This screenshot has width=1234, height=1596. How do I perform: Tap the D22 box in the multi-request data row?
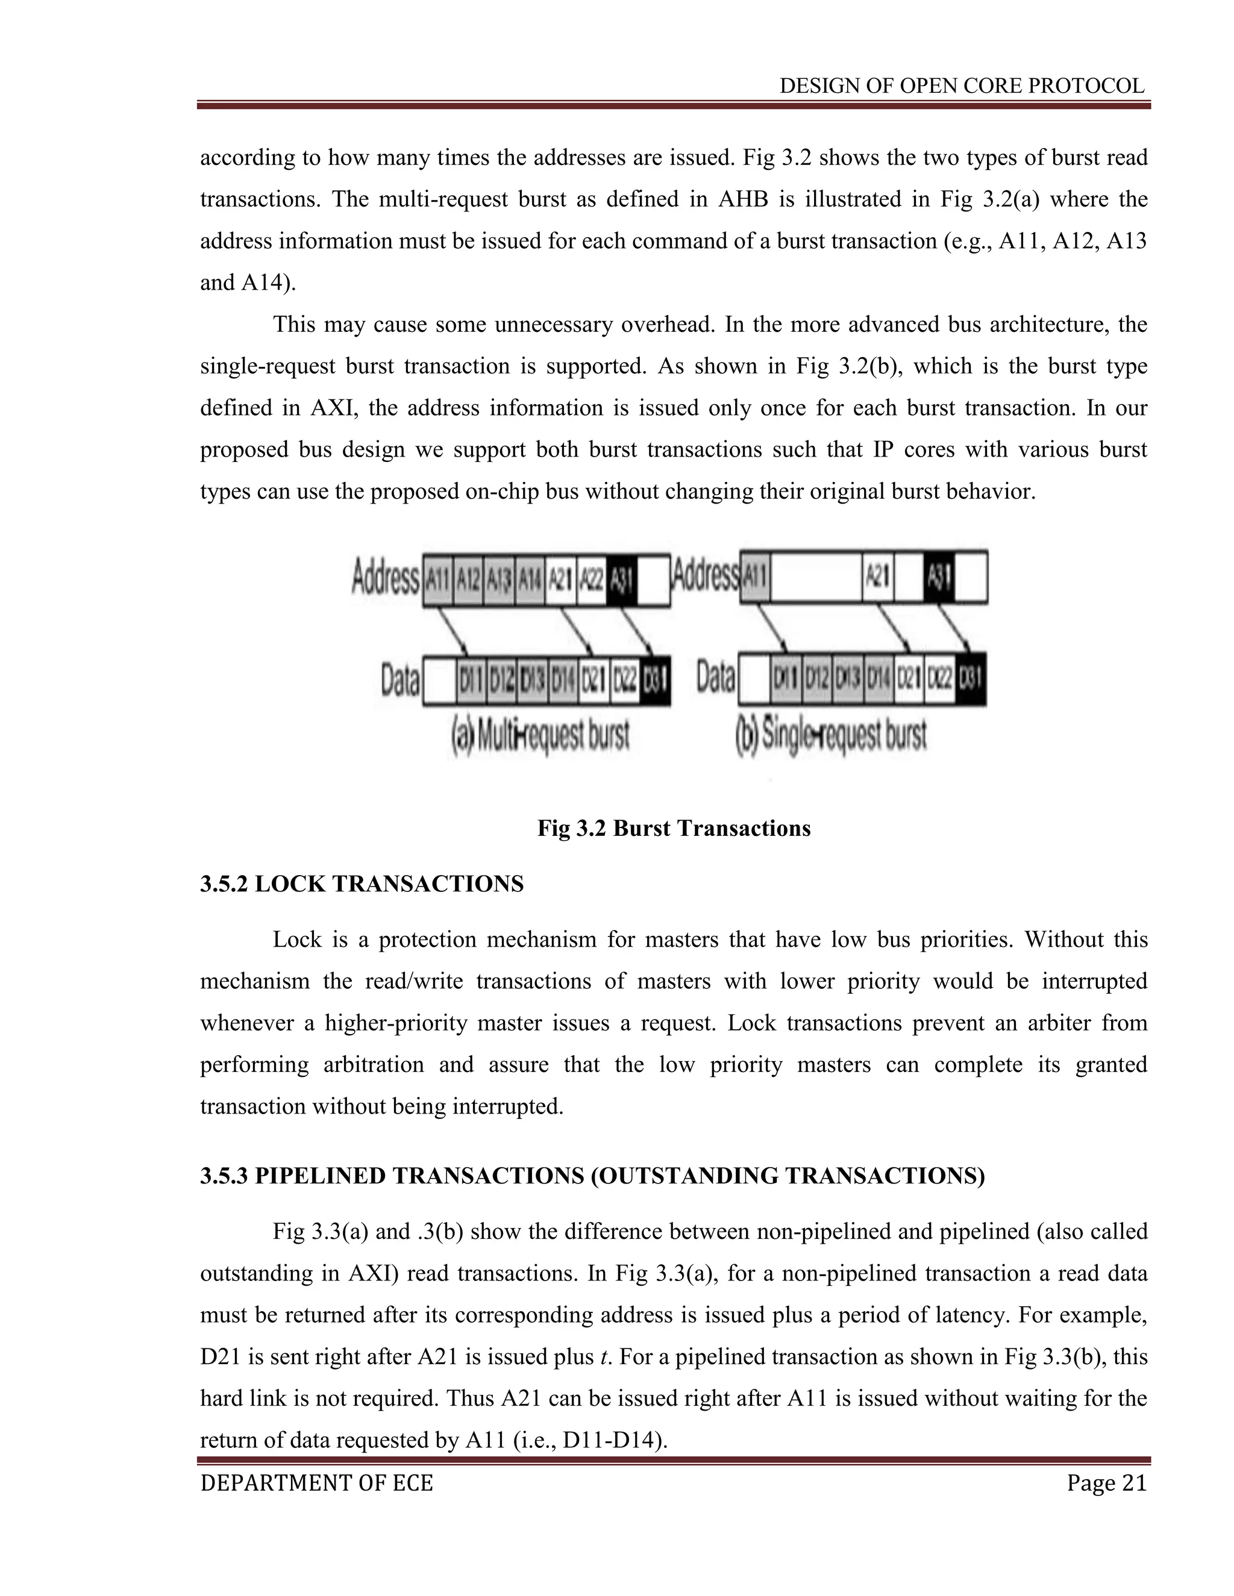pos(624,679)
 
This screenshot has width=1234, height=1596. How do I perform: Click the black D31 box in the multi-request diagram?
pos(654,679)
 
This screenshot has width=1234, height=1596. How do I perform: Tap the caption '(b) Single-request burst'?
pos(831,736)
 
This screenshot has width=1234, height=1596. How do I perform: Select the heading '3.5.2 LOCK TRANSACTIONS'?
pos(362,884)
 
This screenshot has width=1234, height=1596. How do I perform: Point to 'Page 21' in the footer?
pos(1106,1483)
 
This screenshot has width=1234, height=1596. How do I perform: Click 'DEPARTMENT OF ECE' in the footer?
pos(316,1483)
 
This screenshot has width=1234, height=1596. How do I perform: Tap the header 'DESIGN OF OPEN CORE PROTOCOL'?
pos(961,86)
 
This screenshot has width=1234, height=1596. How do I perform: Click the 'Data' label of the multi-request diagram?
pos(400,679)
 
